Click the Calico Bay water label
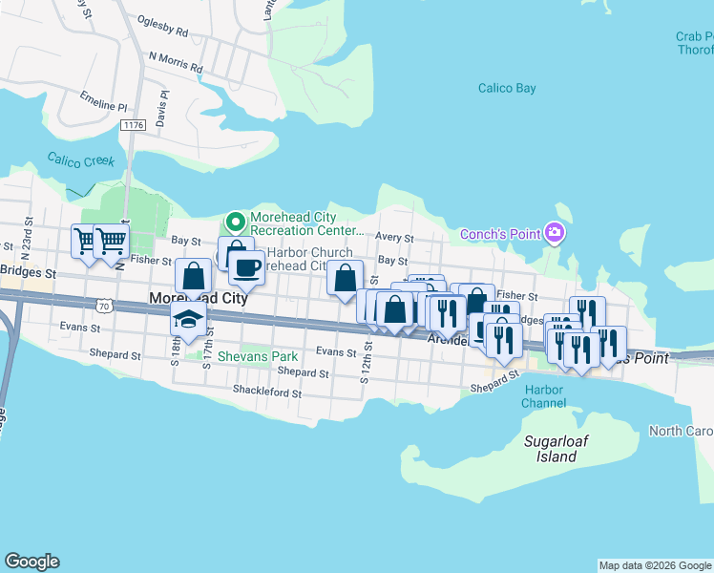[507, 89]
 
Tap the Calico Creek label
[81, 160]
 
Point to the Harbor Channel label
[544, 396]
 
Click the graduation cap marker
[188, 321]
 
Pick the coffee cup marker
[246, 268]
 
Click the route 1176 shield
[133, 125]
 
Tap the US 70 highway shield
[104, 305]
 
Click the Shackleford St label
[267, 392]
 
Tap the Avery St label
[394, 238]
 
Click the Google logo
[31, 562]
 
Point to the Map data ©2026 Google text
[655, 565]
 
